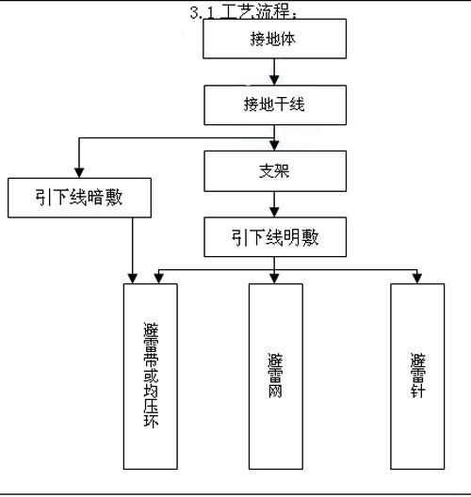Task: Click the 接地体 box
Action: coord(274,39)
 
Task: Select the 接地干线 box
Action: coord(275,104)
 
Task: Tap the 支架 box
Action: coord(275,171)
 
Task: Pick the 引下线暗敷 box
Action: coord(79,198)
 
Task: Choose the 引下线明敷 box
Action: coord(275,237)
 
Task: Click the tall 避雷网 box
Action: coord(276,377)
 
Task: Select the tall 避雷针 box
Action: coord(417,377)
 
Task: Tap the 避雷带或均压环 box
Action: coord(151,377)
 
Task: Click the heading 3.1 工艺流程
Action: coord(243,12)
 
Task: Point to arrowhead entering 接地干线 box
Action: coord(274,80)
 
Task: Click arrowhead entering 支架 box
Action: coord(274,146)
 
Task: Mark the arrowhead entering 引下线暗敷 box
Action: coord(79,173)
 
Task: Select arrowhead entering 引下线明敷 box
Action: coord(274,212)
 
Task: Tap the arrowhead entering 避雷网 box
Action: coord(274,279)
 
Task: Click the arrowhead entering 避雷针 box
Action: coord(417,279)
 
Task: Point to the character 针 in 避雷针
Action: coord(417,391)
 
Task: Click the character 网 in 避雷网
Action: coord(275,391)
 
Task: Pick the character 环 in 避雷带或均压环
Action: coord(151,420)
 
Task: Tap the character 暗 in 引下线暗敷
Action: coord(95,198)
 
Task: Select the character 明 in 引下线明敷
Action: coord(292,237)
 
